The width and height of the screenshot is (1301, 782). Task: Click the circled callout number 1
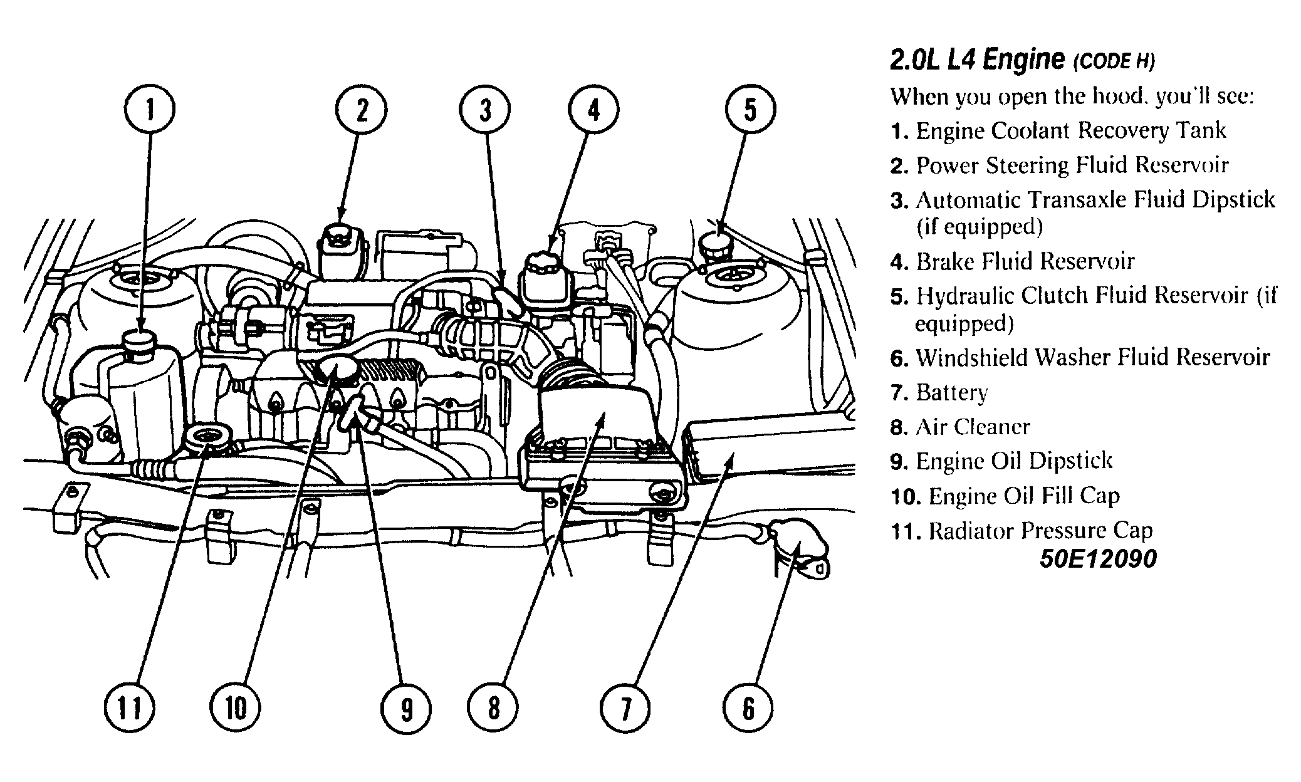149,110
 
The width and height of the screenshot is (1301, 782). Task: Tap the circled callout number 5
750,110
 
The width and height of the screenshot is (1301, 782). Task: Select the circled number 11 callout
130,708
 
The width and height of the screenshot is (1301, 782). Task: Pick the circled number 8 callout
493,708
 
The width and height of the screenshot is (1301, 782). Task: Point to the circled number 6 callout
748,708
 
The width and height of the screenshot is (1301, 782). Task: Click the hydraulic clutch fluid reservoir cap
718,242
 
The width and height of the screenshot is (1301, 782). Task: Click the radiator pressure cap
207,435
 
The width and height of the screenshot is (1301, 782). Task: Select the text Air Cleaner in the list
973,427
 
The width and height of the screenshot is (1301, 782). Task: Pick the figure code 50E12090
1098,559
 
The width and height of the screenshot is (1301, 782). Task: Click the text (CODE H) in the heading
1114,62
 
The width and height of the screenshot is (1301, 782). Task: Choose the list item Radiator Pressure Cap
1040,531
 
